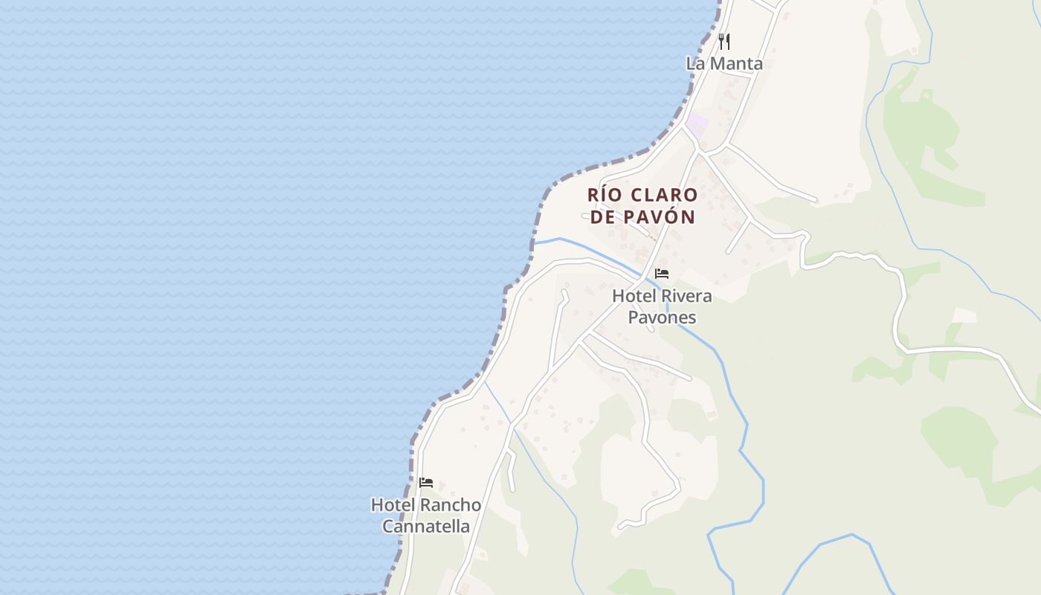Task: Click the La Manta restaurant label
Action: pyautogui.click(x=724, y=63)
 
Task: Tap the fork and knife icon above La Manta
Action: pyautogui.click(x=724, y=41)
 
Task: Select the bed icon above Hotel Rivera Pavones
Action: pyautogui.click(x=662, y=274)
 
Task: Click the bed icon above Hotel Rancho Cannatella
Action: pyautogui.click(x=426, y=483)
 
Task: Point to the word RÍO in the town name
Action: pyautogui.click(x=603, y=195)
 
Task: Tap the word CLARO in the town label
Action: pyautogui.click(x=664, y=195)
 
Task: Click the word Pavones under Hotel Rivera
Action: pyautogui.click(x=662, y=318)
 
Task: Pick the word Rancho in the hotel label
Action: pyautogui.click(x=451, y=505)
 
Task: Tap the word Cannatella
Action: pyautogui.click(x=426, y=527)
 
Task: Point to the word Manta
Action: pyautogui.click(x=735, y=63)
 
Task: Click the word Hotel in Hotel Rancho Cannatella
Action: pyautogui.click(x=393, y=505)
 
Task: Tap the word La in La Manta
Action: pyautogui.click(x=695, y=63)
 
